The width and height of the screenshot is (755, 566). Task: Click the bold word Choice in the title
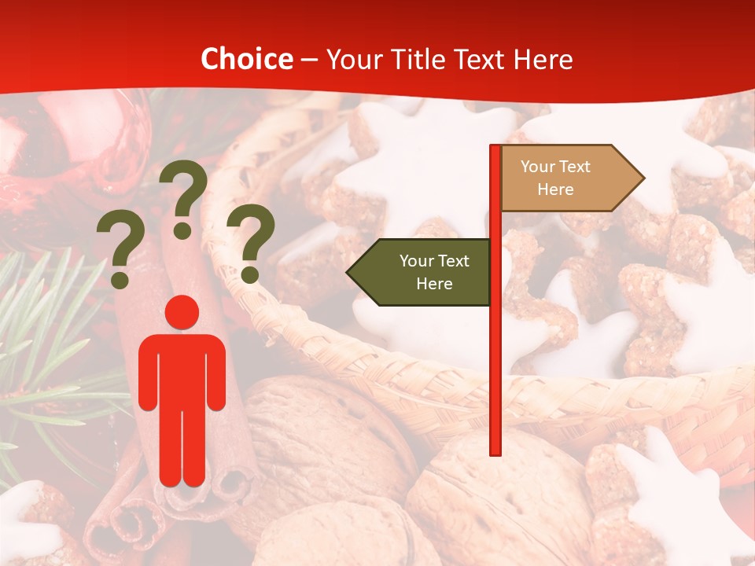point(246,59)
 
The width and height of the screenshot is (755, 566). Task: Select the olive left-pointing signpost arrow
point(421,272)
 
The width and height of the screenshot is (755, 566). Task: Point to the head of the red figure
point(182,312)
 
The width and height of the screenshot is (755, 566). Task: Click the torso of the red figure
point(182,369)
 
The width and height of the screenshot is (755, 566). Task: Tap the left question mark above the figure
point(120,252)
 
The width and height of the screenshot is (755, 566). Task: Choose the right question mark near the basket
point(250,240)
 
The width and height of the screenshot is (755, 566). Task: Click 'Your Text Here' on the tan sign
point(555,178)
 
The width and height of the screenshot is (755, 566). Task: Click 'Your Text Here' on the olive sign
point(434,272)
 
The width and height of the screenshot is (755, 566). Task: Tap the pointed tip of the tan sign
point(642,178)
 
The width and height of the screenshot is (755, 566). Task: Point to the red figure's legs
point(182,448)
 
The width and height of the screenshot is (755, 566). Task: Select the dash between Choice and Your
point(309,60)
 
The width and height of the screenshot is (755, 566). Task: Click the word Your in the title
point(352,59)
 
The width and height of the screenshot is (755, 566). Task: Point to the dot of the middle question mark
point(182,230)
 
